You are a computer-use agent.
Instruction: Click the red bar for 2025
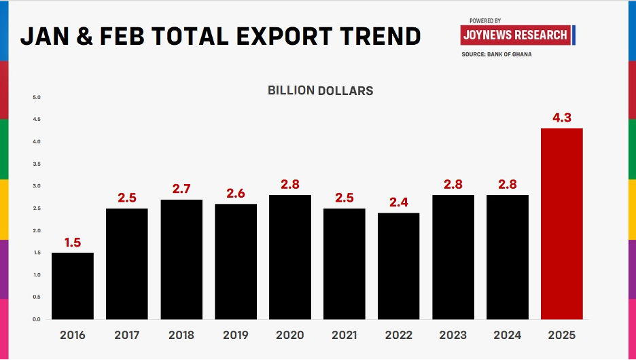point(561,223)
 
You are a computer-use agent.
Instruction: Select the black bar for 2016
point(73,286)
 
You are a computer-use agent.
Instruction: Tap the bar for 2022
point(398,266)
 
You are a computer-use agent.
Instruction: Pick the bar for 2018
point(181,259)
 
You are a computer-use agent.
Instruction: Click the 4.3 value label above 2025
point(561,118)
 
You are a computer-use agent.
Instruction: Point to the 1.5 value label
point(73,242)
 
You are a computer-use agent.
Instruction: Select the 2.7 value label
point(181,189)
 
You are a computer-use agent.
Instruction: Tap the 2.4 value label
point(398,202)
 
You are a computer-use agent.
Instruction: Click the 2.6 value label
point(236,193)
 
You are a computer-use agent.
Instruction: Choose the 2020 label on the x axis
point(290,335)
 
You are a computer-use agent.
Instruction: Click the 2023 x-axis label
point(453,335)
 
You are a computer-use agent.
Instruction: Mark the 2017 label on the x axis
point(127,335)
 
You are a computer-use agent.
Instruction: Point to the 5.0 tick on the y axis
point(37,98)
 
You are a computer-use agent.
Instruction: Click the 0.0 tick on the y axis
point(37,319)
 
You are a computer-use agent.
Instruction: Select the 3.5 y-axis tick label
point(37,164)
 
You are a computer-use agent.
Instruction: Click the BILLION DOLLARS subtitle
point(320,90)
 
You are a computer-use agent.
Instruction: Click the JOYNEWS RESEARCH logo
point(514,35)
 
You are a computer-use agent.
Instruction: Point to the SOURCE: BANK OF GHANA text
point(496,54)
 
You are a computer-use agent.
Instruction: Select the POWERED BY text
point(484,21)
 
